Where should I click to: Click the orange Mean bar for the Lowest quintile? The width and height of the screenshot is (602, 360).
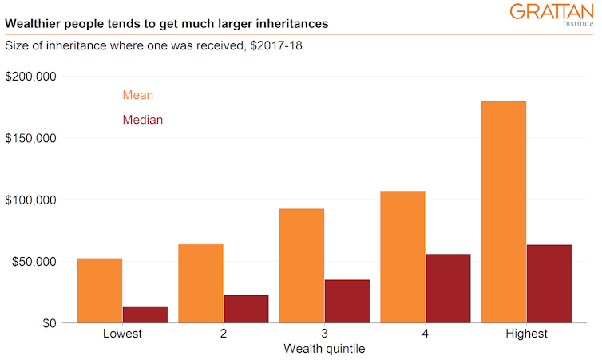click(100, 291)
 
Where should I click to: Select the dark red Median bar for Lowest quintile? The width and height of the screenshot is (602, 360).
click(145, 315)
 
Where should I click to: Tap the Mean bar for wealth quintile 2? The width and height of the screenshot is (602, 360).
click(200, 283)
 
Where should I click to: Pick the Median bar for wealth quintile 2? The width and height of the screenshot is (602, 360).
click(246, 309)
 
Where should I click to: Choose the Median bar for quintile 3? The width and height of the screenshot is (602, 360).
click(347, 301)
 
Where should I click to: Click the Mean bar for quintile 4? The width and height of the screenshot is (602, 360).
click(402, 257)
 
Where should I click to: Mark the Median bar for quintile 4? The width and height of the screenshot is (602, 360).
click(448, 288)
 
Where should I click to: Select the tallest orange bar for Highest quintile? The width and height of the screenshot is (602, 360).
click(504, 212)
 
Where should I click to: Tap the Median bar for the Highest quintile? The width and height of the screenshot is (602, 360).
click(549, 283)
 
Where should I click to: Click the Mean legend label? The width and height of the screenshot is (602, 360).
click(137, 95)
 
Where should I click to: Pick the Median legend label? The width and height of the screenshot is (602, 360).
click(142, 120)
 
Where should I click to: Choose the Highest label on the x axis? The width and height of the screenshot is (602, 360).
click(526, 334)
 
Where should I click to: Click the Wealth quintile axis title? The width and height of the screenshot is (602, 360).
click(324, 349)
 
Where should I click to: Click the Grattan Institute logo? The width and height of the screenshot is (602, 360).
click(552, 15)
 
